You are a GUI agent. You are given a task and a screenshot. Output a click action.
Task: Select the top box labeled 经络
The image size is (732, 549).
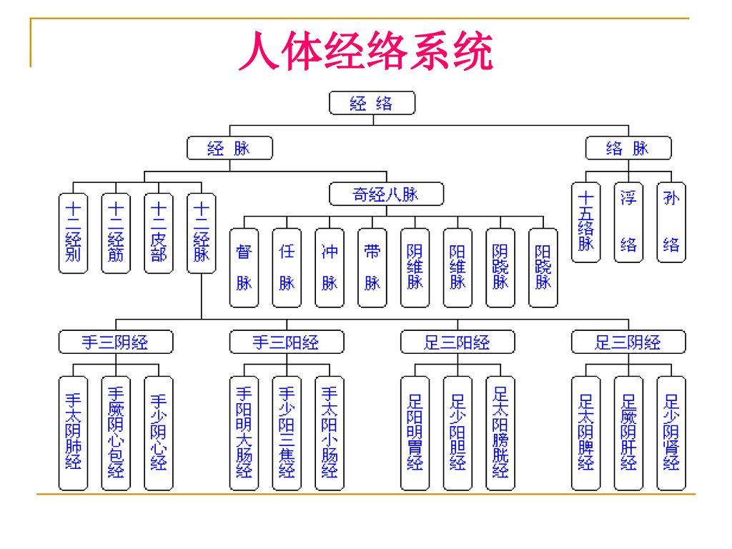(x=371, y=104)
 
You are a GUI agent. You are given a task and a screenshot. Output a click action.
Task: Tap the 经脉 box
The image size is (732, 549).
(x=229, y=149)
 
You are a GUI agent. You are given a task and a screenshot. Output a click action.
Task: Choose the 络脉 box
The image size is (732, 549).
(x=628, y=149)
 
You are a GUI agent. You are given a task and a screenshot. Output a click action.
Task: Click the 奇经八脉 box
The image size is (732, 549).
(x=386, y=194)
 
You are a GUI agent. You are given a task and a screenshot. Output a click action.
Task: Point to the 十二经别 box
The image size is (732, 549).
(x=72, y=232)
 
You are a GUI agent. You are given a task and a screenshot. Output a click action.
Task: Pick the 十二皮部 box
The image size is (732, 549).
(x=158, y=232)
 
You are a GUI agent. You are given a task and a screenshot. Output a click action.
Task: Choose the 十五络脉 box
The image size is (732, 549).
(x=586, y=222)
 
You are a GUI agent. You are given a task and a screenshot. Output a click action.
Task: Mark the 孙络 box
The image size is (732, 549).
(x=671, y=222)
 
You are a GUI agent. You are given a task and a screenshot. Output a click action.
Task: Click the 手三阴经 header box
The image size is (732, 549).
(x=114, y=343)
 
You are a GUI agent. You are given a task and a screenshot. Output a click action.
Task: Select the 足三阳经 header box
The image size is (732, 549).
(x=457, y=343)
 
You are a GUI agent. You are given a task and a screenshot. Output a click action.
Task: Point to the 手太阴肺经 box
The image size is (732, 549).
(x=72, y=432)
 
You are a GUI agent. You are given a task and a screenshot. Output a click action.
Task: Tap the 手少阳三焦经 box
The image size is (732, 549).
(x=286, y=432)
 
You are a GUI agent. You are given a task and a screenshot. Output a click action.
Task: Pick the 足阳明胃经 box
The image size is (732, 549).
(x=415, y=432)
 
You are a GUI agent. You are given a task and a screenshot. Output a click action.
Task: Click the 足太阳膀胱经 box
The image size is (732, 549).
(x=500, y=432)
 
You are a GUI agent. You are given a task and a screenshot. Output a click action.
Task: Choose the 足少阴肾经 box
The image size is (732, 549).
(x=671, y=432)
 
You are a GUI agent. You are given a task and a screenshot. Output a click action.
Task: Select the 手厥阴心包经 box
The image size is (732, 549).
(x=115, y=432)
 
